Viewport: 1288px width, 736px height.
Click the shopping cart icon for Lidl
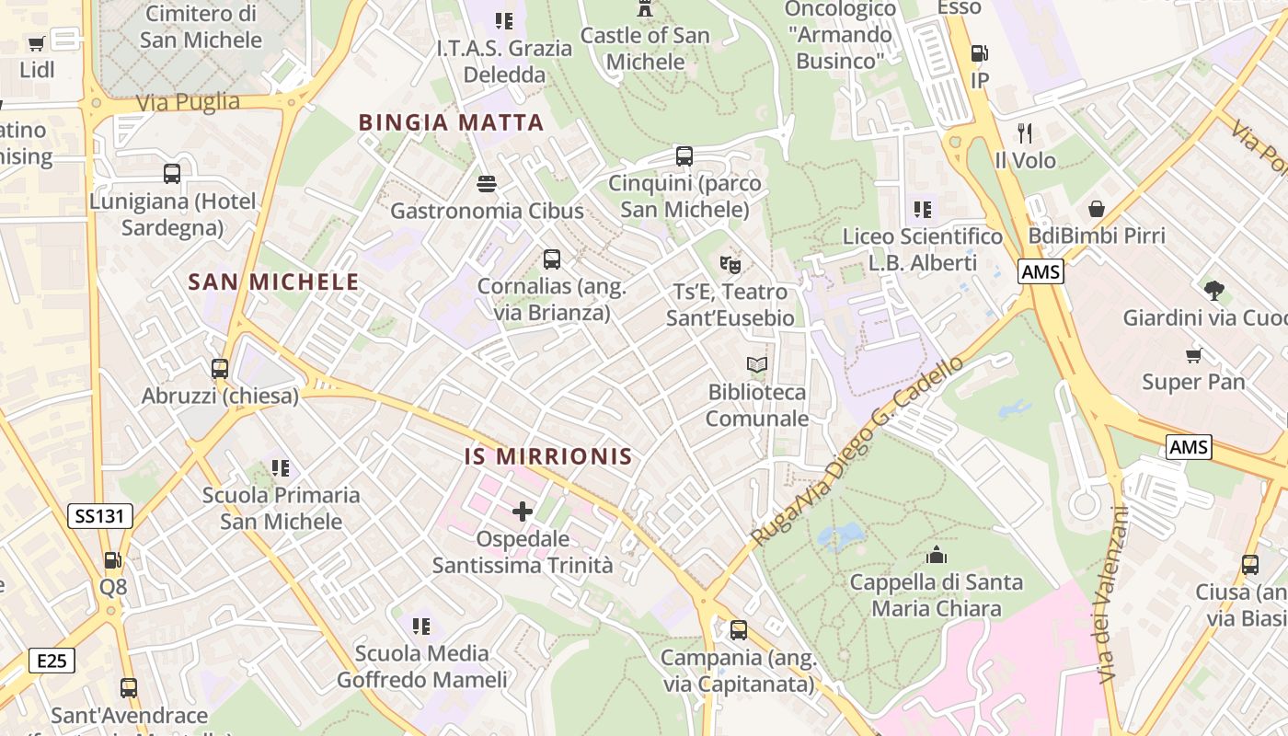coord(37,43)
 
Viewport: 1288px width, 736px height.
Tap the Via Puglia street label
coord(188,102)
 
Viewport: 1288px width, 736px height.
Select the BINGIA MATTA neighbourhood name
coord(451,122)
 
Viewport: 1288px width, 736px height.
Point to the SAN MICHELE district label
coord(273,282)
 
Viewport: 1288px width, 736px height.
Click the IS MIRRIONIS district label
coord(548,456)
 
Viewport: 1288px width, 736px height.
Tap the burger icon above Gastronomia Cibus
coord(487,184)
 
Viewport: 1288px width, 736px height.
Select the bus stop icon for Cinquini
coord(684,155)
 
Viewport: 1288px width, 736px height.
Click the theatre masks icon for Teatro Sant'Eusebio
coord(730,265)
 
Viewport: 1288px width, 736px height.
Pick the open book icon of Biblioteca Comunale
coord(756,365)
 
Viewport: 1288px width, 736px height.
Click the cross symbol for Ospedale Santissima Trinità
coord(523,512)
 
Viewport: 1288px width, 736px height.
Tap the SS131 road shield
coord(99,516)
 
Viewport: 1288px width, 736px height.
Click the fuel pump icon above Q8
coord(112,559)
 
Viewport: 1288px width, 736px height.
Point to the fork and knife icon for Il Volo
coord(1025,133)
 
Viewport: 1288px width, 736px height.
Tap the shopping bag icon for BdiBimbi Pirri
coord(1096,209)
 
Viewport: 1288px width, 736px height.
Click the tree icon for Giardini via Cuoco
coord(1214,291)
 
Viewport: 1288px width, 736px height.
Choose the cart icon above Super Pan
coord(1193,355)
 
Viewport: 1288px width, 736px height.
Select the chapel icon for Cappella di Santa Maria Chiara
coord(937,555)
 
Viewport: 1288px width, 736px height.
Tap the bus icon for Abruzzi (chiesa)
coord(220,369)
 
